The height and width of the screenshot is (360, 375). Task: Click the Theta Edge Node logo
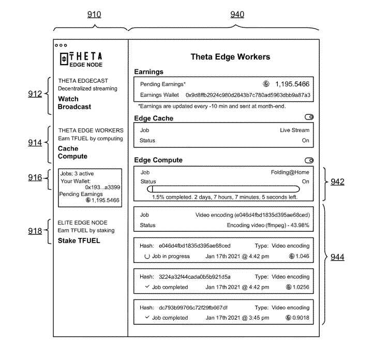(x=81, y=59)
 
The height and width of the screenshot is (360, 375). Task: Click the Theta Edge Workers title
(x=230, y=57)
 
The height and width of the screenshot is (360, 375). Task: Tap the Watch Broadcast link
(x=74, y=103)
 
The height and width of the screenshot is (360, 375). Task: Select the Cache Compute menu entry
(x=72, y=152)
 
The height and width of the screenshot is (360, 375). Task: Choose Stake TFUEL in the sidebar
(x=79, y=241)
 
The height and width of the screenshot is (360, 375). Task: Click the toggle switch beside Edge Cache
(x=309, y=117)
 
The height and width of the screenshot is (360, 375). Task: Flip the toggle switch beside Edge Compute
(x=309, y=160)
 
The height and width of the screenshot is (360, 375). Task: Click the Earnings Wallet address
(x=248, y=95)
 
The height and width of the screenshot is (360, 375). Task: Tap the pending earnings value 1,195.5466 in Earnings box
(x=292, y=84)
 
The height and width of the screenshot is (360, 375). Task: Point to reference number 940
(x=237, y=15)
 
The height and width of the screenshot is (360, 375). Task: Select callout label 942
(x=338, y=182)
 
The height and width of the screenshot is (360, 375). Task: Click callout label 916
(x=35, y=178)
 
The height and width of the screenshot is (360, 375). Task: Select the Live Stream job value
(x=294, y=130)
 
